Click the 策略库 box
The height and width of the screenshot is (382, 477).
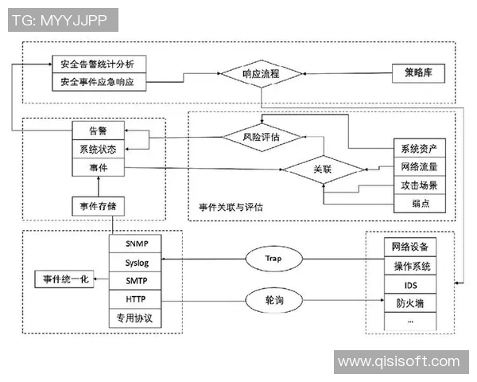pos(418,73)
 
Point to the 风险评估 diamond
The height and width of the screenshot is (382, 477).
pos(262,136)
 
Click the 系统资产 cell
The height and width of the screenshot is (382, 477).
pos(419,149)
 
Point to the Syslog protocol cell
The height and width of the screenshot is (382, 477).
pos(136,261)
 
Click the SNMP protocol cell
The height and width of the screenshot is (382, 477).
pos(136,243)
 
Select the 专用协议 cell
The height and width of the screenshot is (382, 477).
pos(136,318)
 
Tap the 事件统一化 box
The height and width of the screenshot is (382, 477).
pos(63,279)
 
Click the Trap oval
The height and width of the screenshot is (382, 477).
pos(273,259)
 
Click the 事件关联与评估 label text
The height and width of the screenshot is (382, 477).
pos(231,206)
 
